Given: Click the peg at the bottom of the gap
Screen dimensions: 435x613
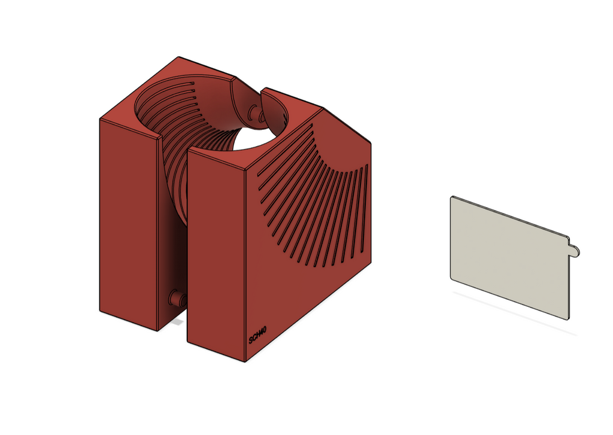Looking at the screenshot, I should tap(177, 299).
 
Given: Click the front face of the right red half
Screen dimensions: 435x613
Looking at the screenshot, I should tap(216, 257).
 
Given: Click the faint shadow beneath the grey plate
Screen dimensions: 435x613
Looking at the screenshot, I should tap(515, 311).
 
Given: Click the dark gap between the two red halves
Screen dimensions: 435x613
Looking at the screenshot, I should tap(174, 239).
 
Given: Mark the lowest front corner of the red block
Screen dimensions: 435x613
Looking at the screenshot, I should tap(245, 361).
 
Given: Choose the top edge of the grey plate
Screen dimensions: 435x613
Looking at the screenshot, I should tap(509, 216).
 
